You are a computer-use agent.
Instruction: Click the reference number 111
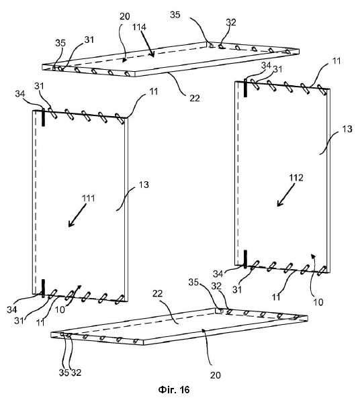pos(88,198)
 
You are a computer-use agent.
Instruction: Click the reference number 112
pos(296,178)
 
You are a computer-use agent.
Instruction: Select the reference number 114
pos(139,27)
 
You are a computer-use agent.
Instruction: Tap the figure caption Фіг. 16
pos(174,389)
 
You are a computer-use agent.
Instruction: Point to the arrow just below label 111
pos(77,215)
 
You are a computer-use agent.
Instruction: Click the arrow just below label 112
pos(286,195)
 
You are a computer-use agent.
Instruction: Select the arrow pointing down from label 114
pos(147,44)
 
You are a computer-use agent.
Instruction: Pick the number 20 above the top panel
pos(124,17)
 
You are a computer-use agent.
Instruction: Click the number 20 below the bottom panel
pos(216,375)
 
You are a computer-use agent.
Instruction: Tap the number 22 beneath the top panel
pos(195,98)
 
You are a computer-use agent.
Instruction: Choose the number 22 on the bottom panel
pos(158,293)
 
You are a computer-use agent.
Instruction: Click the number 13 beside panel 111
pos(144,185)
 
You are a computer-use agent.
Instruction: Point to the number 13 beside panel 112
pos(347,129)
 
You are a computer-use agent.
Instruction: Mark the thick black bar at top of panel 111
pos(43,117)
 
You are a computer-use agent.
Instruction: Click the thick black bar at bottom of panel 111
pos(43,289)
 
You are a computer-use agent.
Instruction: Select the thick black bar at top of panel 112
pos(245,88)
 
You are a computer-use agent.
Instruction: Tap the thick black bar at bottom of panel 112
pos(245,259)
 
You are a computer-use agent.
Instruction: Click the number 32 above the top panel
pos(231,22)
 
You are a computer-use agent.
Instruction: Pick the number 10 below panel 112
pos(318,302)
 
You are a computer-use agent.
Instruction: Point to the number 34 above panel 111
pos(20,94)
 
